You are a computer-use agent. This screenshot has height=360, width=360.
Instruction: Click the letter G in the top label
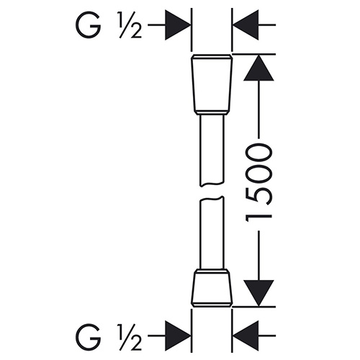coord(88,25)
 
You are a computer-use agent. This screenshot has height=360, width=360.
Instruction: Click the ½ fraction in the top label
coord(130,25)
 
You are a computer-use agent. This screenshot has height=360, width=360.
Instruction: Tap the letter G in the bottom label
coord(88,336)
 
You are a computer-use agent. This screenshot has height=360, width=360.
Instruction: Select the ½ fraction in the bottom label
coord(130,336)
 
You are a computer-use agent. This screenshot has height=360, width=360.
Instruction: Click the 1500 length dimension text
coord(258,185)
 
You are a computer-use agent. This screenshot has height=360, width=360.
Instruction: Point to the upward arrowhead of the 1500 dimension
coord(258,68)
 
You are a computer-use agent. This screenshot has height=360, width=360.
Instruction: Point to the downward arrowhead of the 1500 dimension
coord(258,293)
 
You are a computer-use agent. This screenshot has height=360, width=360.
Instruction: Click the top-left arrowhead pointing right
coord(178,24)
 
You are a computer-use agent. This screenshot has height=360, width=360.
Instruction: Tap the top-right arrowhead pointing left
coord(246,24)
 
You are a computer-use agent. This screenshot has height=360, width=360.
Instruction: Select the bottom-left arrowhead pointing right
coord(178,336)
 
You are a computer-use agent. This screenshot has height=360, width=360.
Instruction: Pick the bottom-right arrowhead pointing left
coord(246,336)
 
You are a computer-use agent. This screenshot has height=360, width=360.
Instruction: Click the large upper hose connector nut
coord(212,84)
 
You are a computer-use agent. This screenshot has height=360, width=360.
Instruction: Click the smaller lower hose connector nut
coord(212,288)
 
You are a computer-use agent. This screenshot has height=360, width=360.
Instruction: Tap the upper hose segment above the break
coord(212,150)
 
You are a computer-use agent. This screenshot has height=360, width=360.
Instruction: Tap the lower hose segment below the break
coord(212,233)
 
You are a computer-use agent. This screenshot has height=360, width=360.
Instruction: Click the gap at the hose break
coord(212,192)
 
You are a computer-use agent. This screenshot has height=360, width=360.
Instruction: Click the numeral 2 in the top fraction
coord(135,31)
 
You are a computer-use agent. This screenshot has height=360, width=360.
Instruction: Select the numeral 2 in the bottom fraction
coord(135,343)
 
